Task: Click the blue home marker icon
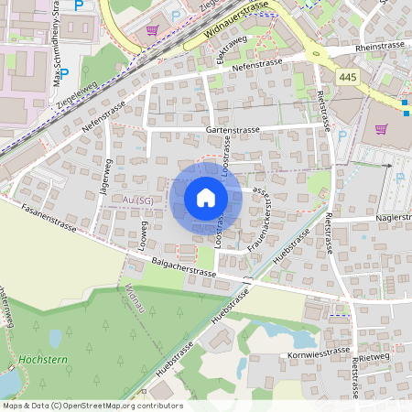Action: [x=206, y=198]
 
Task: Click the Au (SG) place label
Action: [x=137, y=199]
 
